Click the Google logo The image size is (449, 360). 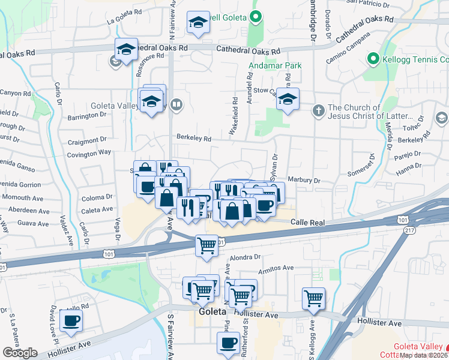tap(20, 353)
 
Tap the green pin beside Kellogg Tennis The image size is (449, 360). tap(372, 59)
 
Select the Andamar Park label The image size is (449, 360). tap(275, 65)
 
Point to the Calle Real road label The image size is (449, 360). tap(307, 223)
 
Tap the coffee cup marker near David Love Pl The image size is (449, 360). tap(71, 321)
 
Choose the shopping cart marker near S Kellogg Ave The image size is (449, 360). tap(314, 298)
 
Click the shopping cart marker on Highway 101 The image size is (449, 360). tap(207, 245)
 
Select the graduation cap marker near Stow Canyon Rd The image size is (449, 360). tap(288, 99)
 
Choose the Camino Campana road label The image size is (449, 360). tap(345, 53)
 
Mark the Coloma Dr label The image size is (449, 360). tap(97, 197)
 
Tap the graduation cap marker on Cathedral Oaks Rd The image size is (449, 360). tap(127, 50)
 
